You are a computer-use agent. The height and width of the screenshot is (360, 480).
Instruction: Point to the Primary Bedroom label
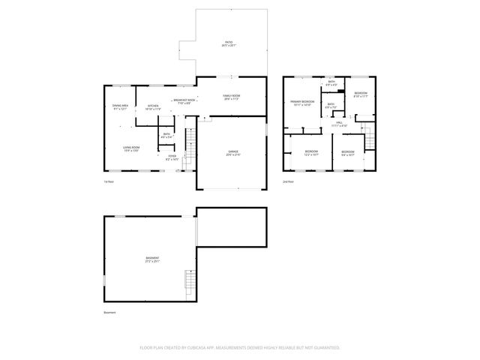coord(303,102)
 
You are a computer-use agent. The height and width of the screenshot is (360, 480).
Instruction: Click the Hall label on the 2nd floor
coord(339,124)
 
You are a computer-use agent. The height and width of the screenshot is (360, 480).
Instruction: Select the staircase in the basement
coord(190,283)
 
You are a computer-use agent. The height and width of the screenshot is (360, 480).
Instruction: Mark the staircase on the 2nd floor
coord(367,139)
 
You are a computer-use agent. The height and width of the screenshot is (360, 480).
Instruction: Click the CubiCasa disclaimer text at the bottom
coord(240,347)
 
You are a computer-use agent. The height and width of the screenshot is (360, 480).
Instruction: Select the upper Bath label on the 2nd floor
coord(331,82)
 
